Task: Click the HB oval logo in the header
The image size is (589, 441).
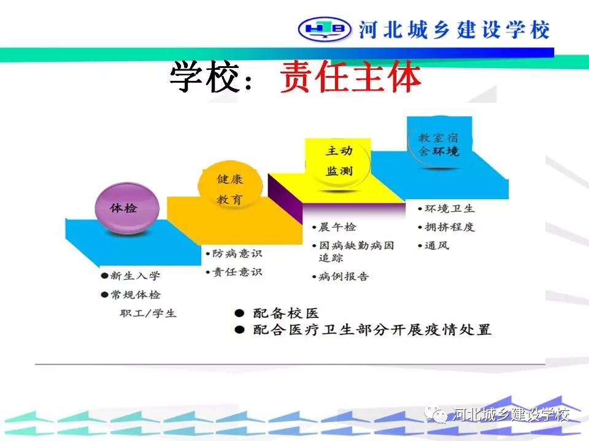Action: tap(325, 29)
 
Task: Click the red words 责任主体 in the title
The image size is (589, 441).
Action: tap(350, 77)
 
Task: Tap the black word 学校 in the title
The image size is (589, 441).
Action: tap(205, 77)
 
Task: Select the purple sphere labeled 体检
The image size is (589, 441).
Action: tap(127, 208)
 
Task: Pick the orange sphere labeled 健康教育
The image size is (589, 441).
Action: tap(230, 189)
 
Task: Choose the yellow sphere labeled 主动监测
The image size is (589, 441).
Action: tap(339, 161)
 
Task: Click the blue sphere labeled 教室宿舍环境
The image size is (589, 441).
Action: tap(439, 143)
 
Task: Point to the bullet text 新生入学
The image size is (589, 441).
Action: tap(135, 276)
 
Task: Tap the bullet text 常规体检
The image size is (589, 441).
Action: tap(135, 295)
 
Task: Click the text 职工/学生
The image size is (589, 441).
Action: tap(148, 313)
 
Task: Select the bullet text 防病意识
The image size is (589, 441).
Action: tap(237, 254)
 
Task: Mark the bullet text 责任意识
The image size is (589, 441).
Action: tap(237, 272)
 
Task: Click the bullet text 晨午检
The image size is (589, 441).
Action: tap(337, 227)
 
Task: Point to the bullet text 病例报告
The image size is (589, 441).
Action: tap(344, 277)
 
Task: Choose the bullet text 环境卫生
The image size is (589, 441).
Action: tap(450, 208)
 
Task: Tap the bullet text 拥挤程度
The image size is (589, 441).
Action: tap(450, 227)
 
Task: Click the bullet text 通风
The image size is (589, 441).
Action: tap(437, 246)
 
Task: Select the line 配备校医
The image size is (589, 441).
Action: tap(286, 313)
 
